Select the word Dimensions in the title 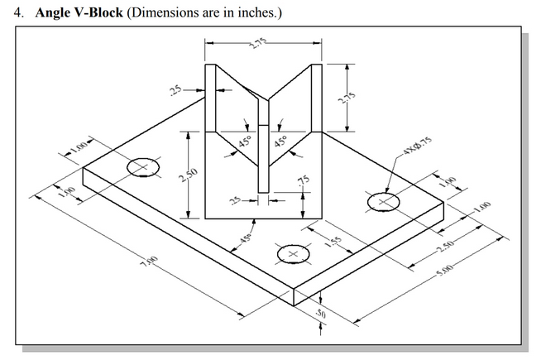[x=162, y=15]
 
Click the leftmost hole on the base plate [x=142, y=167]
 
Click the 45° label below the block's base [x=246, y=238]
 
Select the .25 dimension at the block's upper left [x=175, y=89]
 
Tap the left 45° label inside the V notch [x=246, y=142]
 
